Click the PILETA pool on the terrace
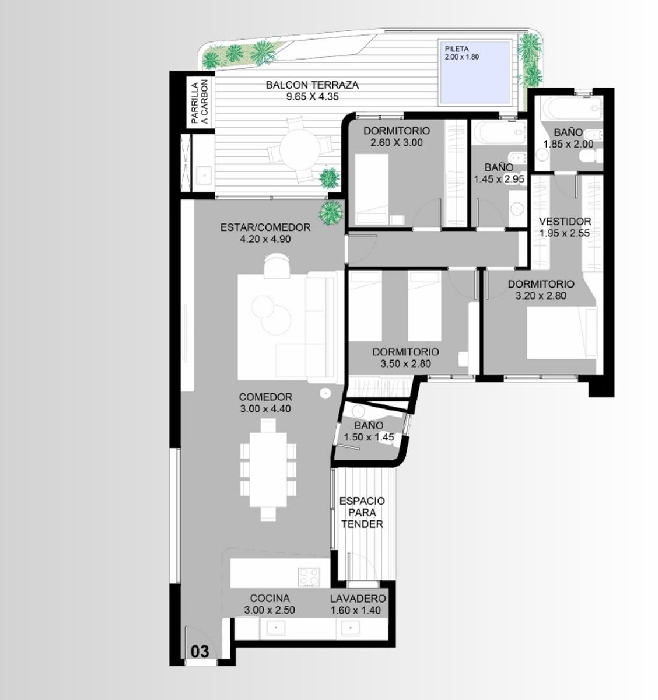click(475, 72)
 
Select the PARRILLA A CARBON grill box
click(200, 103)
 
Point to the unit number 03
click(199, 651)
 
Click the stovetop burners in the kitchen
click(309, 577)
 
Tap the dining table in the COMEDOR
click(268, 469)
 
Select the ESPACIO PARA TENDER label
click(362, 512)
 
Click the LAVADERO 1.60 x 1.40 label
click(358, 604)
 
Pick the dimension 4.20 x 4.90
click(265, 239)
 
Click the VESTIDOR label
click(565, 221)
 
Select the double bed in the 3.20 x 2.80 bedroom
click(561, 332)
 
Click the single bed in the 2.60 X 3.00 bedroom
click(372, 189)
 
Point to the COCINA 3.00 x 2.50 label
click(269, 604)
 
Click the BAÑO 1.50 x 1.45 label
click(369, 432)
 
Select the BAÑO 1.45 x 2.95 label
click(499, 173)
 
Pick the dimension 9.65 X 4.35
click(312, 97)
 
